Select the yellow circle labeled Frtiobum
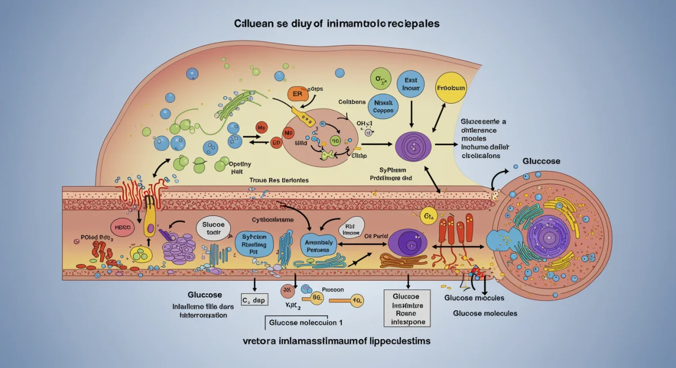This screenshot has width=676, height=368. click(452, 88)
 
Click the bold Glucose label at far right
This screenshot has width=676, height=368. click(541, 161)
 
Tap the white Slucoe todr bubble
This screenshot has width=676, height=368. click(214, 229)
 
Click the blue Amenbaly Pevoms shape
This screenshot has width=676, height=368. click(319, 245)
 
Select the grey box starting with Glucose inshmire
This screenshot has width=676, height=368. click(407, 308)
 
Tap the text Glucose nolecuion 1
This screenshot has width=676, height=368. click(303, 323)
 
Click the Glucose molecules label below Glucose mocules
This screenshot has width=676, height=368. click(485, 313)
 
